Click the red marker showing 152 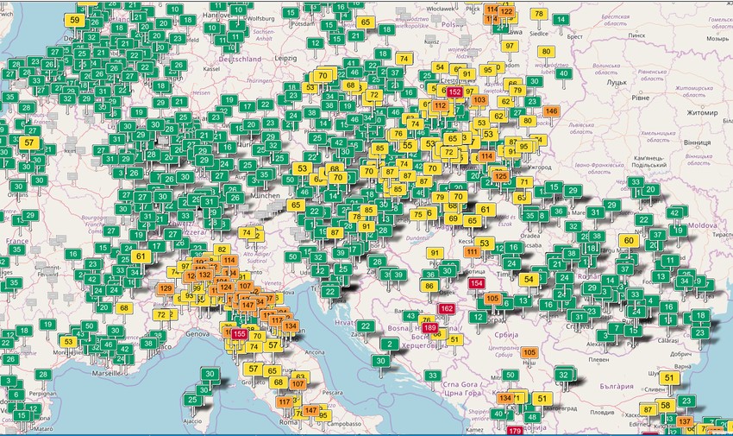click(x=454, y=91)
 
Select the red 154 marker click(x=475, y=283)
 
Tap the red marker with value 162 click(x=447, y=308)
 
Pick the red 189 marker click(x=430, y=327)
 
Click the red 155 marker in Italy click(x=240, y=334)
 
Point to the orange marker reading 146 click(x=552, y=111)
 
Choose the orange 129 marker click(x=166, y=288)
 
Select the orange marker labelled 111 click(x=473, y=252)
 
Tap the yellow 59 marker click(x=76, y=20)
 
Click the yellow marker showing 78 click(x=539, y=14)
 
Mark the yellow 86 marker click(x=429, y=286)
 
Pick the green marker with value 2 click(x=391, y=344)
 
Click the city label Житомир click(x=702, y=111)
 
